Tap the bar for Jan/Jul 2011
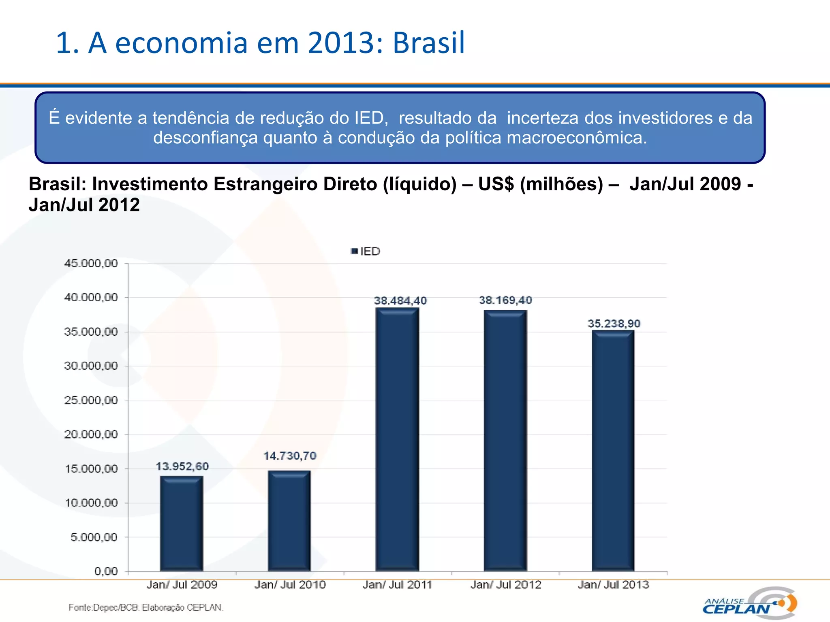pyautogui.click(x=397, y=439)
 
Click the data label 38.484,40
pyautogui.click(x=400, y=301)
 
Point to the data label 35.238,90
pyautogui.click(x=614, y=324)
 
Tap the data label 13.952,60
pyautogui.click(x=182, y=466)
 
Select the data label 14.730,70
pyautogui.click(x=290, y=456)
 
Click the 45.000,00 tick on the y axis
pyautogui.click(x=91, y=264)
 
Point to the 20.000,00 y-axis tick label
pyautogui.click(x=91, y=435)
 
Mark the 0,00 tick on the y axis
pyautogui.click(x=106, y=571)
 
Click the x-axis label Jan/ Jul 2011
pyautogui.click(x=397, y=585)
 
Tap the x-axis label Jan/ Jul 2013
pyautogui.click(x=613, y=585)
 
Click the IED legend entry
pyautogui.click(x=366, y=251)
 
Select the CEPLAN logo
pyautogui.click(x=750, y=603)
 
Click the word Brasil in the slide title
pyautogui.click(x=428, y=43)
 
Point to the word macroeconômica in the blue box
pyautogui.click(x=577, y=138)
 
